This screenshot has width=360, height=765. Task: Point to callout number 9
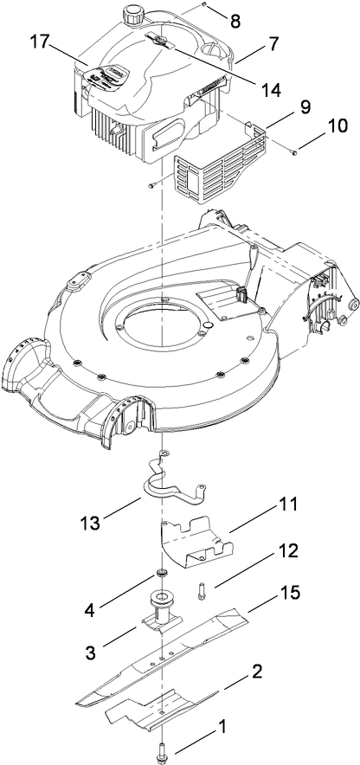coord(281,111)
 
